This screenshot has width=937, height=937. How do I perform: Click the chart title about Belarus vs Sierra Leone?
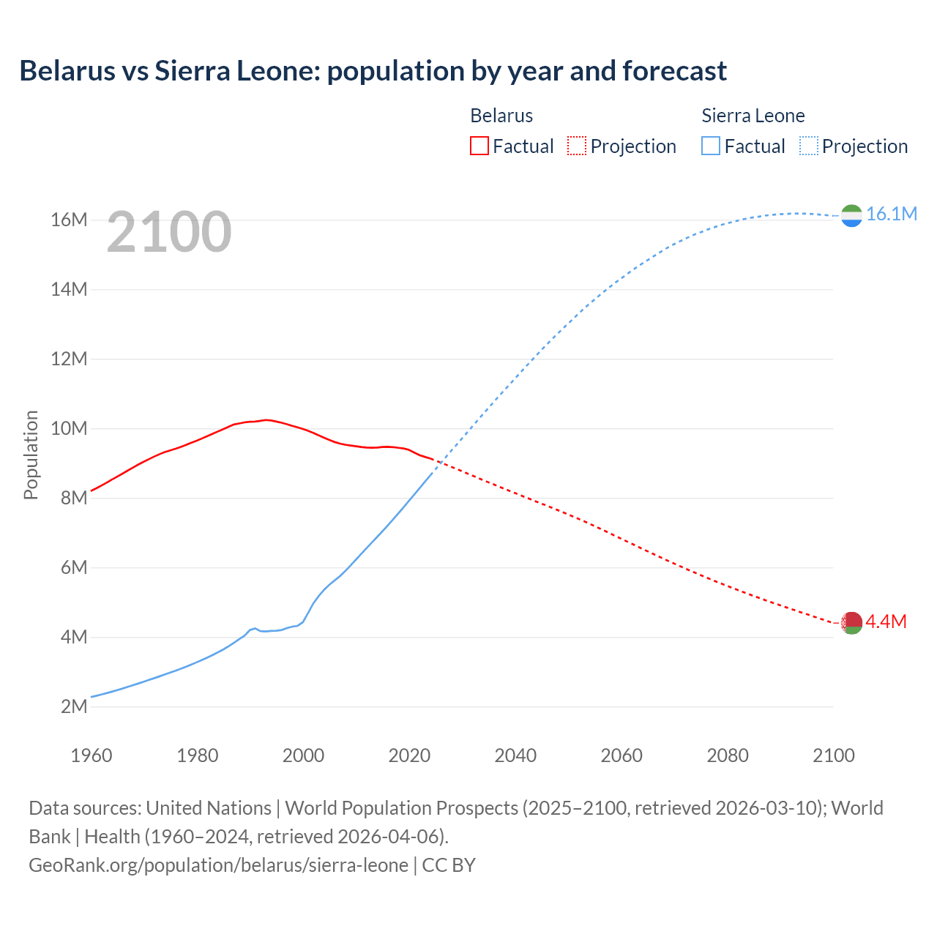[x=373, y=71]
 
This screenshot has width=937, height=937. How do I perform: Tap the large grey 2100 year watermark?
[x=169, y=233]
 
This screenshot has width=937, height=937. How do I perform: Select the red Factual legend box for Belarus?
[x=479, y=146]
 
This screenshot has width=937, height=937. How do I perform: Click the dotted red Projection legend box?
[x=577, y=146]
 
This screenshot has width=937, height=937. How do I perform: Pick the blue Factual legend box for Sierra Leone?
[x=710, y=146]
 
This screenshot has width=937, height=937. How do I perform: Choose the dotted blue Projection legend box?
[x=808, y=146]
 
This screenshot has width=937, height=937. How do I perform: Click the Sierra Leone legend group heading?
[x=753, y=116]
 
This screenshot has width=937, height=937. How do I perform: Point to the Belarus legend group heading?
[x=501, y=116]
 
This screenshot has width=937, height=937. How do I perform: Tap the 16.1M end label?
[x=891, y=214]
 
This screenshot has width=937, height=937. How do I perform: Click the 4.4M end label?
[x=886, y=621]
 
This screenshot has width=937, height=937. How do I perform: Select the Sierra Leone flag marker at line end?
[x=851, y=215]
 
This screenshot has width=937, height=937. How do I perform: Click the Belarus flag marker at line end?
[x=851, y=623]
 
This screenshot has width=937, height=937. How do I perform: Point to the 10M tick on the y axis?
[x=69, y=428]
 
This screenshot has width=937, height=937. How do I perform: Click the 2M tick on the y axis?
[x=73, y=706]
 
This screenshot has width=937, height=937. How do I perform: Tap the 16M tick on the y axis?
[x=69, y=220]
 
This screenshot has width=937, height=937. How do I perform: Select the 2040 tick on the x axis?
[x=515, y=755]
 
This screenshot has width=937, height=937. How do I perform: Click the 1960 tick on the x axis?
[x=92, y=755]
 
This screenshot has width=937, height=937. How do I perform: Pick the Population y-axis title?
[x=31, y=455]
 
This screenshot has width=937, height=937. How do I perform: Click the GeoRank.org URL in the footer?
[x=218, y=865]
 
